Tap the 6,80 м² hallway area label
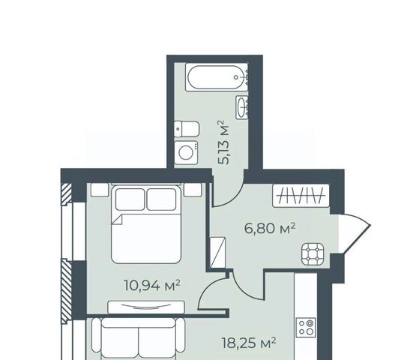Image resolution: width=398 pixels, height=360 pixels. pyautogui.click(x=270, y=228)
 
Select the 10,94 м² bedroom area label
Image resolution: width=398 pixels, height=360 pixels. pyautogui.click(x=152, y=285)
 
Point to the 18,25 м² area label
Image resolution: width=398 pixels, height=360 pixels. pyautogui.click(x=249, y=343)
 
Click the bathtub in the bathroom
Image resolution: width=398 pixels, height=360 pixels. pyautogui.click(x=217, y=77)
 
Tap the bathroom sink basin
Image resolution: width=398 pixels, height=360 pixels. pyautogui.click(x=242, y=107)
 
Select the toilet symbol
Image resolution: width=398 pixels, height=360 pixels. pyautogui.click(x=187, y=129)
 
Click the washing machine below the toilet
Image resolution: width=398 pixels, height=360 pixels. pyautogui.click(x=186, y=153)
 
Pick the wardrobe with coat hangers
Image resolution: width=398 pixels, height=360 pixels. pyautogui.click(x=301, y=196)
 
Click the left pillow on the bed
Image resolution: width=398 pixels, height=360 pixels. pyautogui.click(x=130, y=199)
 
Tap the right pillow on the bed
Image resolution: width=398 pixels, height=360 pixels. pyautogui.click(x=161, y=199)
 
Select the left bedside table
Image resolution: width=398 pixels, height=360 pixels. pyautogui.click(x=100, y=189)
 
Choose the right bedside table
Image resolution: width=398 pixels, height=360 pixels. pyautogui.click(x=193, y=189)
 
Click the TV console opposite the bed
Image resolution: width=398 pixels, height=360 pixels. pyautogui.click(x=146, y=307)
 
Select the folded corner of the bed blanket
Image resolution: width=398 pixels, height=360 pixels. pyautogui.click(x=117, y=219)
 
